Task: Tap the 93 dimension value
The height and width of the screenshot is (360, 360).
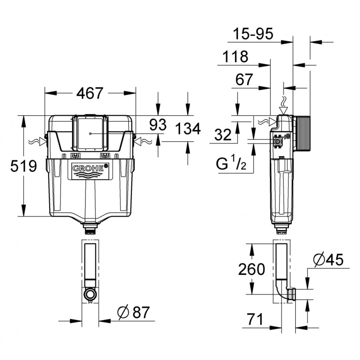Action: coord(158,125)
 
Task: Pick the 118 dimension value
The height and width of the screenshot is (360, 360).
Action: coord(235,57)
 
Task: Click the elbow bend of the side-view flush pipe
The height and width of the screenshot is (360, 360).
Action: coord(283,295)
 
